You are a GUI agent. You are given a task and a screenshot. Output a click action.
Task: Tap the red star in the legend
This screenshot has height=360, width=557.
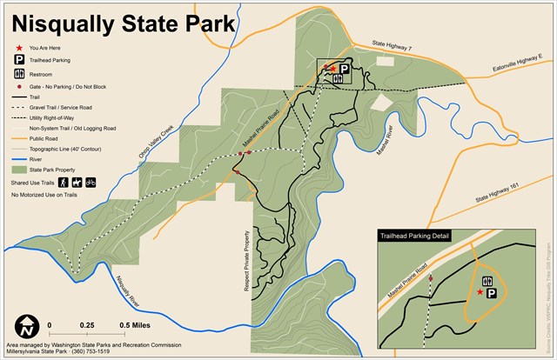18,47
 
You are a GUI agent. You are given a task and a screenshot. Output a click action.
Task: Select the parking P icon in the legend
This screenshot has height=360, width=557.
18,60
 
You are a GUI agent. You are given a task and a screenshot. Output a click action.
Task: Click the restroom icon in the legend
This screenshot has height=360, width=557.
18,74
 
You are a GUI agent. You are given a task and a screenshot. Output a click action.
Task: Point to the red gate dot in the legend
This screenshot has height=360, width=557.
18,87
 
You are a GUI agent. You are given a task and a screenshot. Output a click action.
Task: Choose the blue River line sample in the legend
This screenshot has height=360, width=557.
18,158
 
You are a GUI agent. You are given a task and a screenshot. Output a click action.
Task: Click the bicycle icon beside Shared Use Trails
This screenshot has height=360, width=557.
91,183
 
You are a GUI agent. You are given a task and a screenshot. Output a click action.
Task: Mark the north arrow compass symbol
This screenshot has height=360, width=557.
28,328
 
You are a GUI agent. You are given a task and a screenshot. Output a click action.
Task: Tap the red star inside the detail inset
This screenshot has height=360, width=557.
480,293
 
